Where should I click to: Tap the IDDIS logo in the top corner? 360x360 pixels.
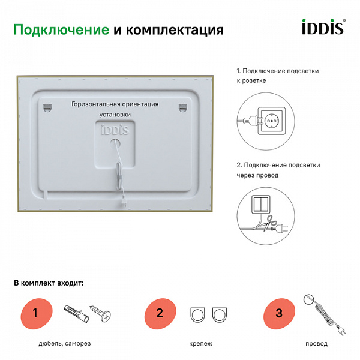click(322, 28)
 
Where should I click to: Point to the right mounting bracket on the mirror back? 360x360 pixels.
click(182, 107)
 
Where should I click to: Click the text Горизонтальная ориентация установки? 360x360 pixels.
click(115, 109)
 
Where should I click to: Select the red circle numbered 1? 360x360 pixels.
click(35, 313)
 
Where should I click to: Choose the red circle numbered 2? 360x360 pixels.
click(160, 313)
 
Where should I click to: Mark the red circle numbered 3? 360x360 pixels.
click(279, 313)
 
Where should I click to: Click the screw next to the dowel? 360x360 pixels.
click(100, 313)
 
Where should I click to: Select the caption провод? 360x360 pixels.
click(316, 344)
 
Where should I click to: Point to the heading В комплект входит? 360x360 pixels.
click(49, 283)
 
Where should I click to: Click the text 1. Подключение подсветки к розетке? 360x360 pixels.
click(277, 75)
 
